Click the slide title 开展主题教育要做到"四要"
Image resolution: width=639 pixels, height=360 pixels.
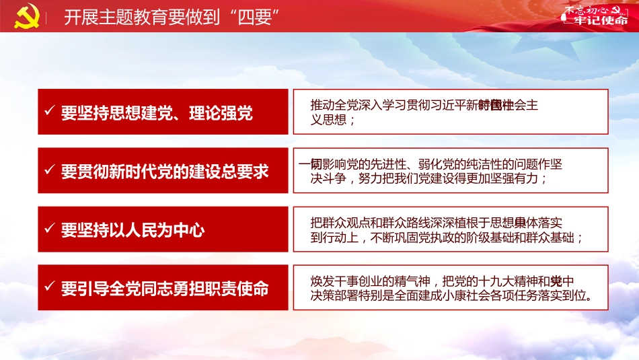coord(172,17)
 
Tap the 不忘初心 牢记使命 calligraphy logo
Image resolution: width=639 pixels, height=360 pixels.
coord(595,15)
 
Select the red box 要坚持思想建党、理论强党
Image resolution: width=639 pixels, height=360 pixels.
coord(163,112)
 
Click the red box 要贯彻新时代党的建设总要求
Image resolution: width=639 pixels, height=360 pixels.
coord(163,171)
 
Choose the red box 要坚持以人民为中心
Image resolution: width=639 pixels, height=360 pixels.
coord(163,229)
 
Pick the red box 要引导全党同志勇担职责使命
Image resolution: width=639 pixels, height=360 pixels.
coord(163,288)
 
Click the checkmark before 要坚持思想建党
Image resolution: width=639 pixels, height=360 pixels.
coord(49,112)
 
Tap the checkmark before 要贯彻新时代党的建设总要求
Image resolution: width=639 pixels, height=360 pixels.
coord(49,170)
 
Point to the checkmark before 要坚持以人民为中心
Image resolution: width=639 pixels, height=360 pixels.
coord(49,229)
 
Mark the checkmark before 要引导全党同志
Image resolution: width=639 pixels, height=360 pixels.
coord(49,288)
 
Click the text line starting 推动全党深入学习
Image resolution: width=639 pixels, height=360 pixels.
coord(424,106)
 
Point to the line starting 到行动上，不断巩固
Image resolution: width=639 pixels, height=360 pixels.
coord(447,238)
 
